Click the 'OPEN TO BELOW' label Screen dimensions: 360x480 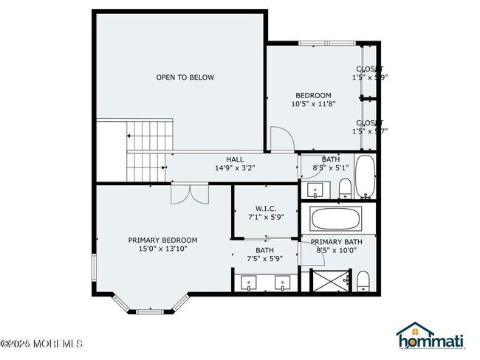185,77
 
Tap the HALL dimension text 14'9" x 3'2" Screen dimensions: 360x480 234,168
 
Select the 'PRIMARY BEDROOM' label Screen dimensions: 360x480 162,240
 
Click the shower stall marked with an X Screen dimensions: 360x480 329,281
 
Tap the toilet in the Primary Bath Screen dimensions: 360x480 363,281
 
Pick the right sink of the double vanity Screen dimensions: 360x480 282,283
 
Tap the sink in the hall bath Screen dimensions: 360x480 315,191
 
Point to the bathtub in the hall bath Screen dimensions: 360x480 366,177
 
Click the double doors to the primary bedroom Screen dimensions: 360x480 190,193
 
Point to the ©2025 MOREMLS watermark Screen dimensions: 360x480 42,343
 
